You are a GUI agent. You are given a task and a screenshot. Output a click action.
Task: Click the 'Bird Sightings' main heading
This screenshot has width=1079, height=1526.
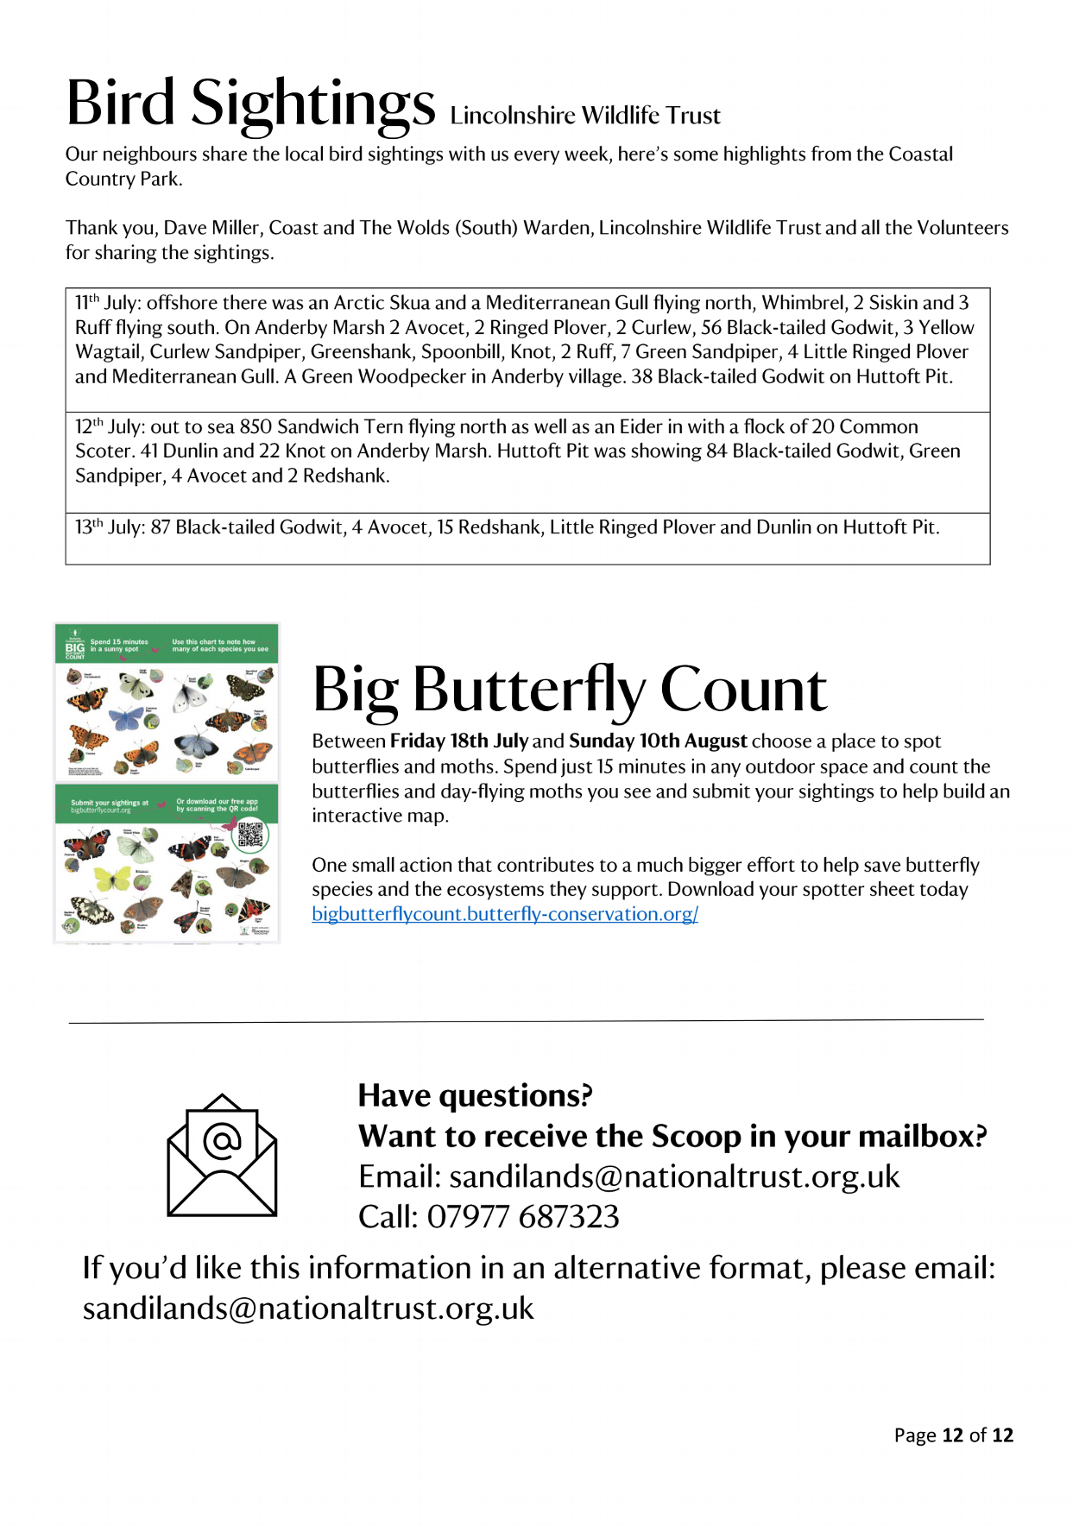[x=250, y=104]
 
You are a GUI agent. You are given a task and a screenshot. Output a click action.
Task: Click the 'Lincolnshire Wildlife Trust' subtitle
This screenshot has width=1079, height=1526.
[x=584, y=116]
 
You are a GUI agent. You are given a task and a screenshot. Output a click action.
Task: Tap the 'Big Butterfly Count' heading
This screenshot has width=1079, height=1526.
[x=570, y=690]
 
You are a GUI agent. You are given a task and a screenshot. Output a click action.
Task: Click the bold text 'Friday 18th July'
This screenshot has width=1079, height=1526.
[x=459, y=741]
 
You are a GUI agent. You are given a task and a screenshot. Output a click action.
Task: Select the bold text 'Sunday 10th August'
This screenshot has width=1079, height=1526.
[x=658, y=741]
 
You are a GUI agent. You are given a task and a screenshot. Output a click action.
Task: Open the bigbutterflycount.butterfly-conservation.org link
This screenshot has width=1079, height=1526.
[x=505, y=914]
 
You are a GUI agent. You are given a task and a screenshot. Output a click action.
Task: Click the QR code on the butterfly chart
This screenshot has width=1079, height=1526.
[x=250, y=835]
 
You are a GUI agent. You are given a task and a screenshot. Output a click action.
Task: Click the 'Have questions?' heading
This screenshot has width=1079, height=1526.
[x=476, y=1095]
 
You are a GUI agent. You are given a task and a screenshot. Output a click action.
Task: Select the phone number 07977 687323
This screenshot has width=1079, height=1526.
[x=523, y=1217]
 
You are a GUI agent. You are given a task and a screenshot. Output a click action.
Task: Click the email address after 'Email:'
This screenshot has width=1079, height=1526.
[x=674, y=1176]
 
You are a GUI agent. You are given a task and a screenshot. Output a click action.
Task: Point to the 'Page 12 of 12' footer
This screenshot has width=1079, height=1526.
[x=953, y=1435]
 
